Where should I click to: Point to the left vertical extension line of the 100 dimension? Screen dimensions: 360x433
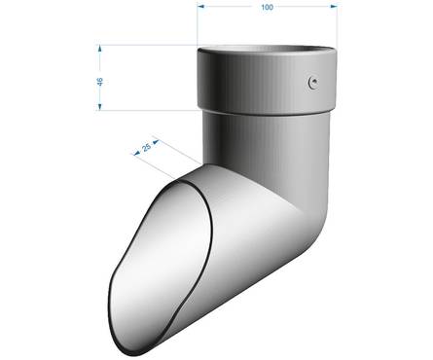198,29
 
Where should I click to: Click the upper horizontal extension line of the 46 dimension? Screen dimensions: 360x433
146,45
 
